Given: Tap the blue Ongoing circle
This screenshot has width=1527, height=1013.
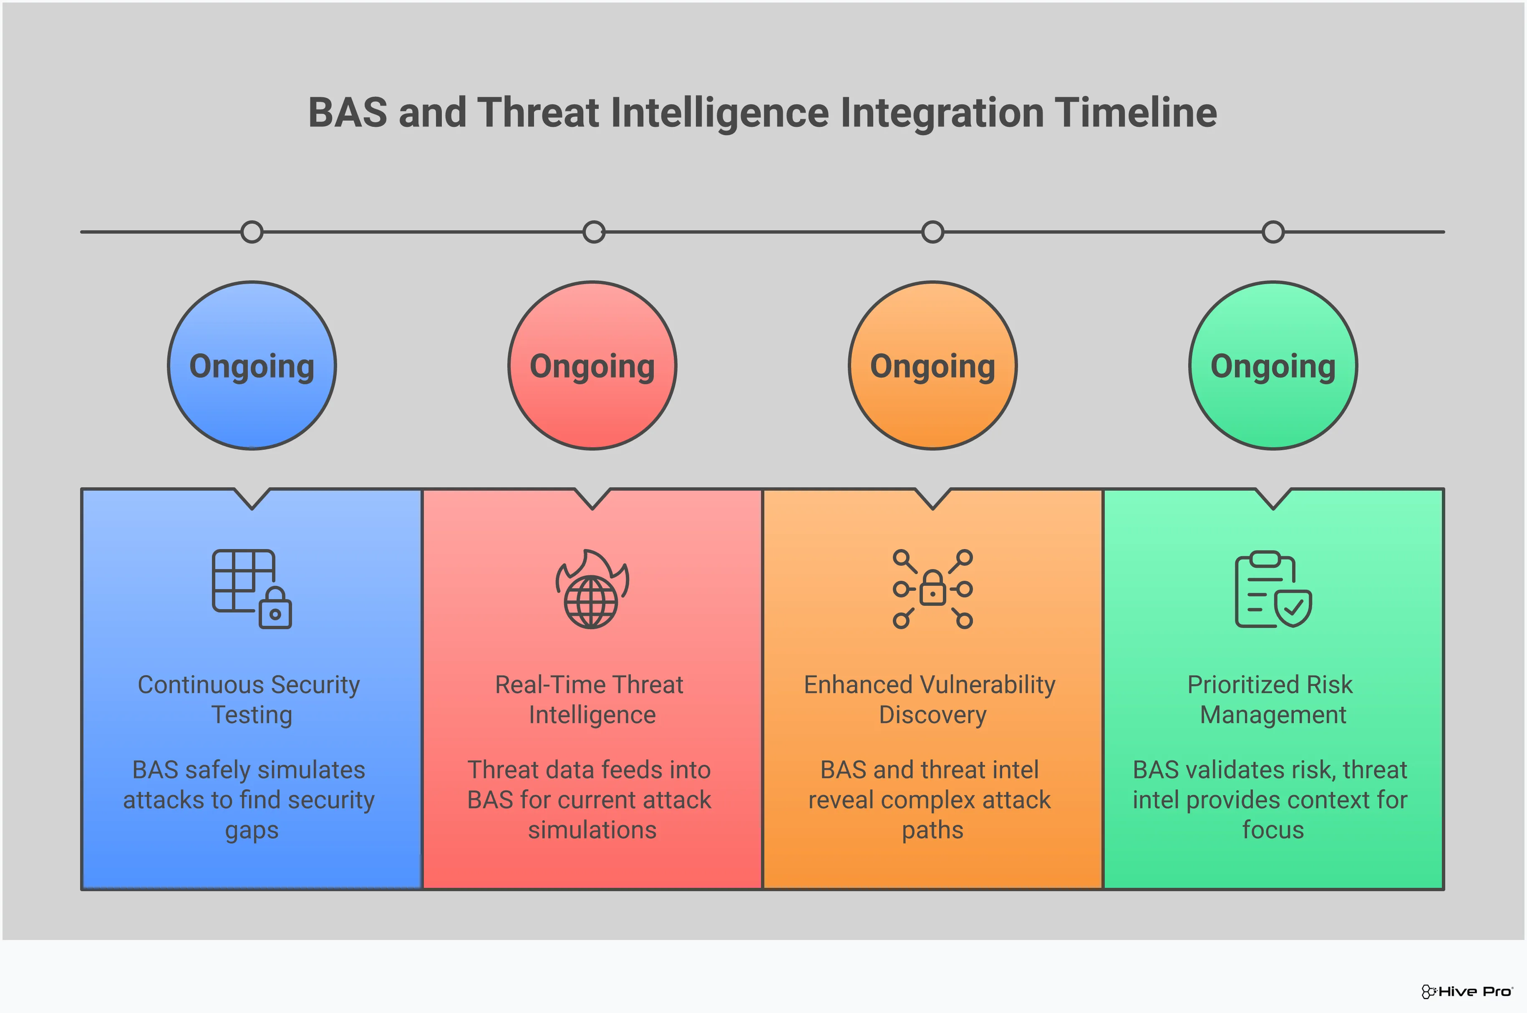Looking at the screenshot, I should [252, 365].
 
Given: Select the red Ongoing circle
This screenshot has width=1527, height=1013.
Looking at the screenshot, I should [592, 365].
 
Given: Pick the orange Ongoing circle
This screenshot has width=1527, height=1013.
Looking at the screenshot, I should [933, 365].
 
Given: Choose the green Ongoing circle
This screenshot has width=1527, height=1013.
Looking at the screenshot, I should [1273, 365].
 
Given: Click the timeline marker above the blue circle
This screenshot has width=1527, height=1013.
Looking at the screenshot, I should [252, 232].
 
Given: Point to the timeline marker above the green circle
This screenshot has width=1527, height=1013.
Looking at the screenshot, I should [1273, 232].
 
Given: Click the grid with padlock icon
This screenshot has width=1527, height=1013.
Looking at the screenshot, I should [252, 589].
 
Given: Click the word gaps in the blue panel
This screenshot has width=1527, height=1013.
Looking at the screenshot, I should [252, 831].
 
